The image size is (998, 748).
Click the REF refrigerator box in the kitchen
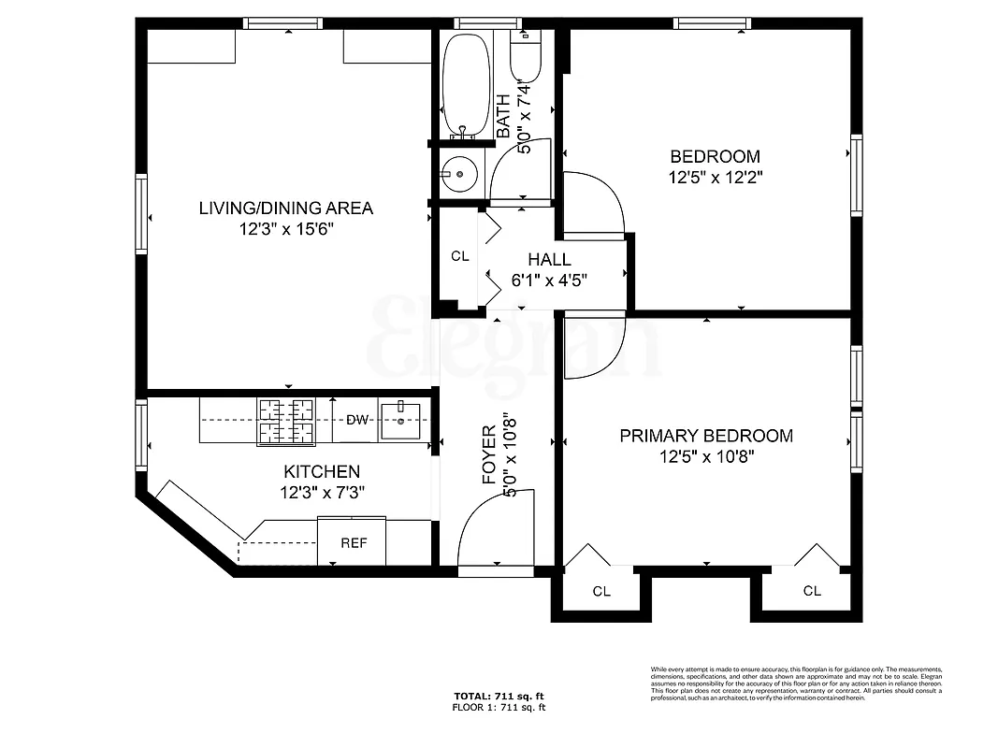(352, 542)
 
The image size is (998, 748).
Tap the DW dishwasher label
(357, 421)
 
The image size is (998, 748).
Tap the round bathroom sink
(459, 174)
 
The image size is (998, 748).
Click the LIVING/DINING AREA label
(285, 208)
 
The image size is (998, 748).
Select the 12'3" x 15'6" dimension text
(285, 229)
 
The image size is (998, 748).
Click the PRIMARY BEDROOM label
(706, 436)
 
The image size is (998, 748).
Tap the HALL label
(549, 260)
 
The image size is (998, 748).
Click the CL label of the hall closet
(459, 256)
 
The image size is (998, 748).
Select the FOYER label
(489, 455)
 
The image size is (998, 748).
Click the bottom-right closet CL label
(812, 591)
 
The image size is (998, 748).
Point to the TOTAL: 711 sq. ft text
(499, 697)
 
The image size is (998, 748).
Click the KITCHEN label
(321, 472)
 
